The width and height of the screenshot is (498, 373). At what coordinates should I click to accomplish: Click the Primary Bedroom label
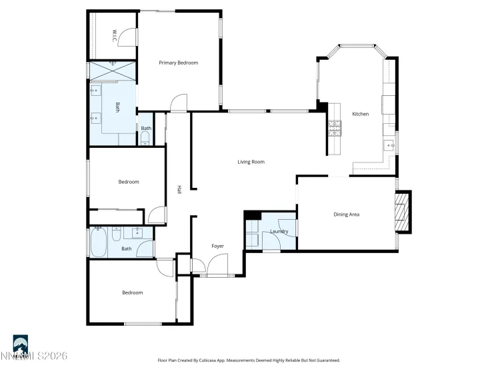(178, 63)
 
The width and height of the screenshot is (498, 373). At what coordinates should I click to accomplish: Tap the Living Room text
(251, 161)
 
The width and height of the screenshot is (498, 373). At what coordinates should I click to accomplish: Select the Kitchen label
(360, 114)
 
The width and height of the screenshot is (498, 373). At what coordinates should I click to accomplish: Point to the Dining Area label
(347, 214)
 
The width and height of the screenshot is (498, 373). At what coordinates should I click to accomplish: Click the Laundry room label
(279, 232)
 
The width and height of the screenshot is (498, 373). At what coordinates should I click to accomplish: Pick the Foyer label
(217, 246)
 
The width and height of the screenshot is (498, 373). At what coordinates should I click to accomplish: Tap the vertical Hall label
(179, 189)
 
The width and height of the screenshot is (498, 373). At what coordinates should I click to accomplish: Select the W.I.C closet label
(115, 35)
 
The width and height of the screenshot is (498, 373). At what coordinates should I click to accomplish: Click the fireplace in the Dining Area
(402, 212)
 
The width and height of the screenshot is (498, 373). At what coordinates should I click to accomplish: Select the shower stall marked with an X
(111, 70)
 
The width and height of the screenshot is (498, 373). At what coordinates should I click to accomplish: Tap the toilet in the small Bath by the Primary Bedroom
(145, 139)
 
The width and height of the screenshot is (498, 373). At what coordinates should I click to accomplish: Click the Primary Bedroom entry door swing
(179, 103)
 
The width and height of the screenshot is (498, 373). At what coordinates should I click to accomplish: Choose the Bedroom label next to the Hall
(129, 182)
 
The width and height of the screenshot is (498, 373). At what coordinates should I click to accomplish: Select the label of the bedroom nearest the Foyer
(132, 292)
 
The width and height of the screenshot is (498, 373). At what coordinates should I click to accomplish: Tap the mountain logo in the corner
(21, 343)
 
